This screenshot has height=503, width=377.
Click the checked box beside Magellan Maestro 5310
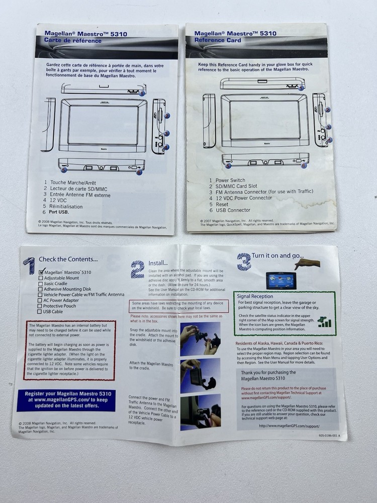[x=41, y=272]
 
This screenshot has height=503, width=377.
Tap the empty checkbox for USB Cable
[x=40, y=311]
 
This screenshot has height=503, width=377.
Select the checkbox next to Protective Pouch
[x=40, y=306]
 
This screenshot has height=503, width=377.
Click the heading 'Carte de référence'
[x=73, y=41]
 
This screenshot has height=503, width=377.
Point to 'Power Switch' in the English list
[x=230, y=180]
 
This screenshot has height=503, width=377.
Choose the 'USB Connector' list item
[x=233, y=210]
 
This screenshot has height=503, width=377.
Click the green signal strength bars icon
[x=324, y=321]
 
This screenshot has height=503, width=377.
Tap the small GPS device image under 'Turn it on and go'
[x=281, y=280]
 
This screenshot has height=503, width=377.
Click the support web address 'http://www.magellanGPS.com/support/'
[x=289, y=426]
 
